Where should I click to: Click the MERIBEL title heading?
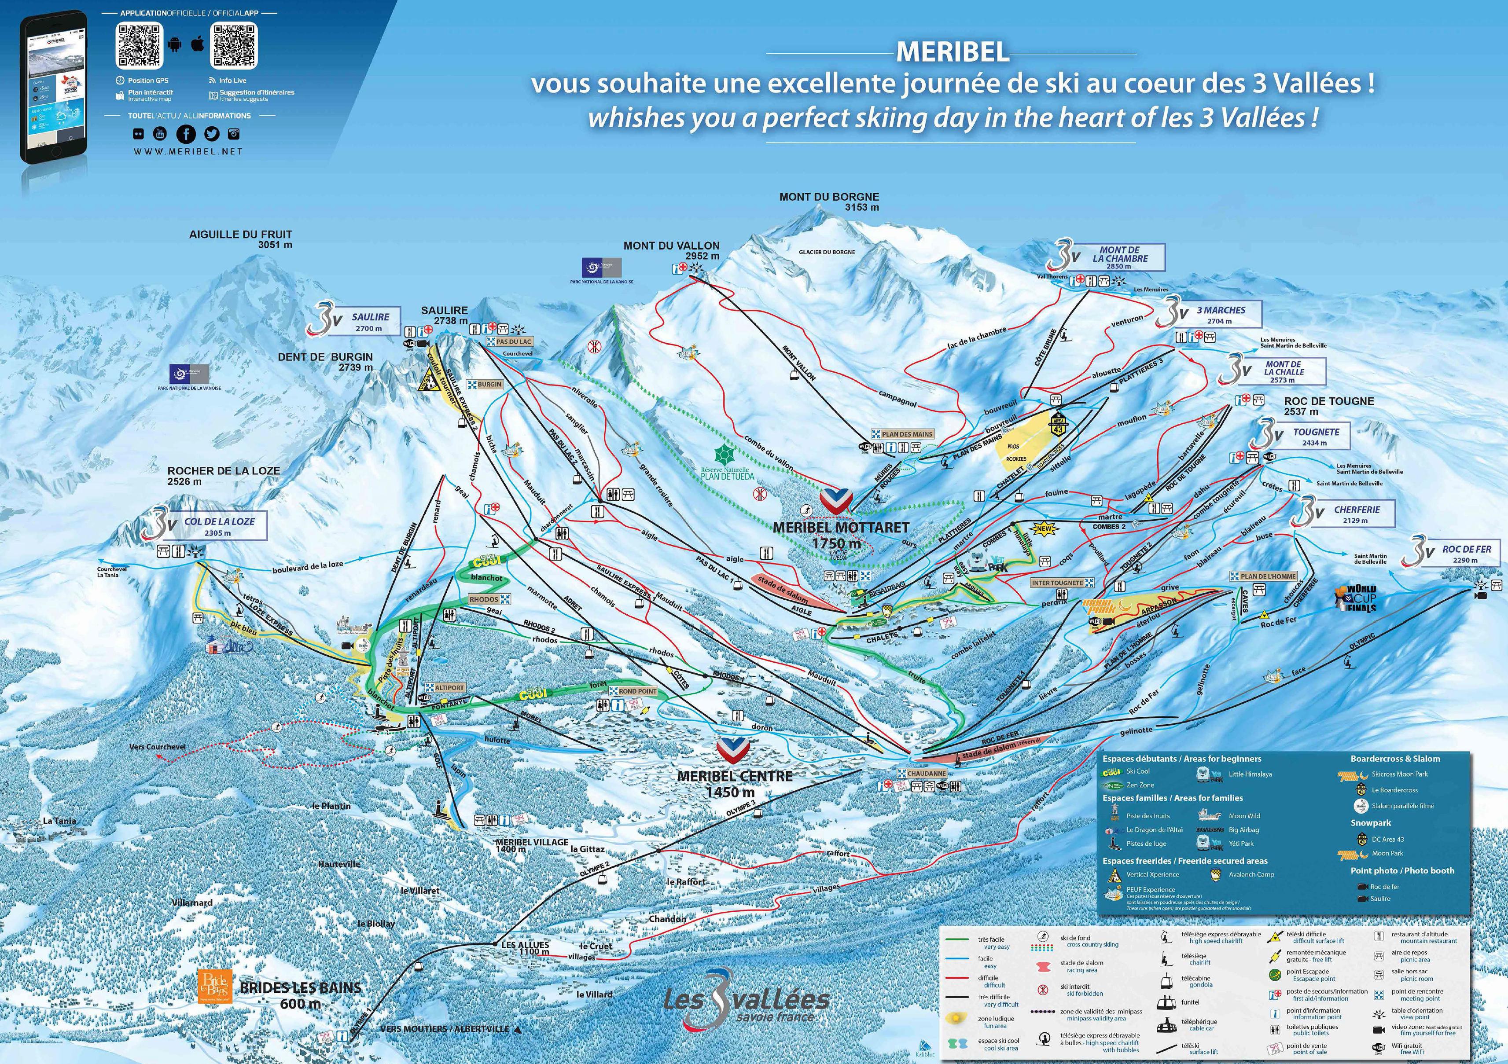953,52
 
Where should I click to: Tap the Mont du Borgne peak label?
829,202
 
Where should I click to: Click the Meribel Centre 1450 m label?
734,783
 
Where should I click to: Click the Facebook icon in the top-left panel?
186,134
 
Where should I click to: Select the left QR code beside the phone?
139,46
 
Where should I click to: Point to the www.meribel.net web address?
188,151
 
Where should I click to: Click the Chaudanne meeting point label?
926,773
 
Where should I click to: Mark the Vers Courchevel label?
157,747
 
